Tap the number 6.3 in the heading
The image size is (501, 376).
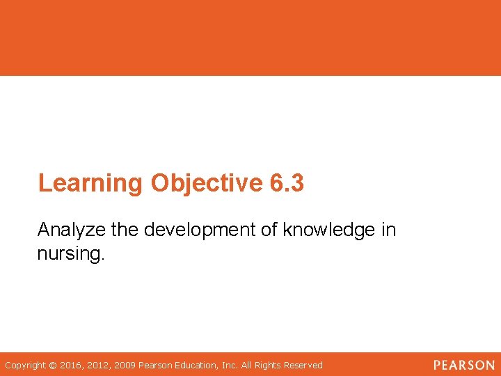pos(286,183)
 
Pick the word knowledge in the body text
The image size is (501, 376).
pos(328,230)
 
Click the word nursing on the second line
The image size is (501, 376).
pos(70,253)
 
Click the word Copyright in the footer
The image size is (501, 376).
pos(24,365)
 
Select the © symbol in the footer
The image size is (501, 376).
pos(53,365)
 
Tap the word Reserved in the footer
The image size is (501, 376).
pos(301,365)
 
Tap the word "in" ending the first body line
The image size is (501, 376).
pos(388,230)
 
